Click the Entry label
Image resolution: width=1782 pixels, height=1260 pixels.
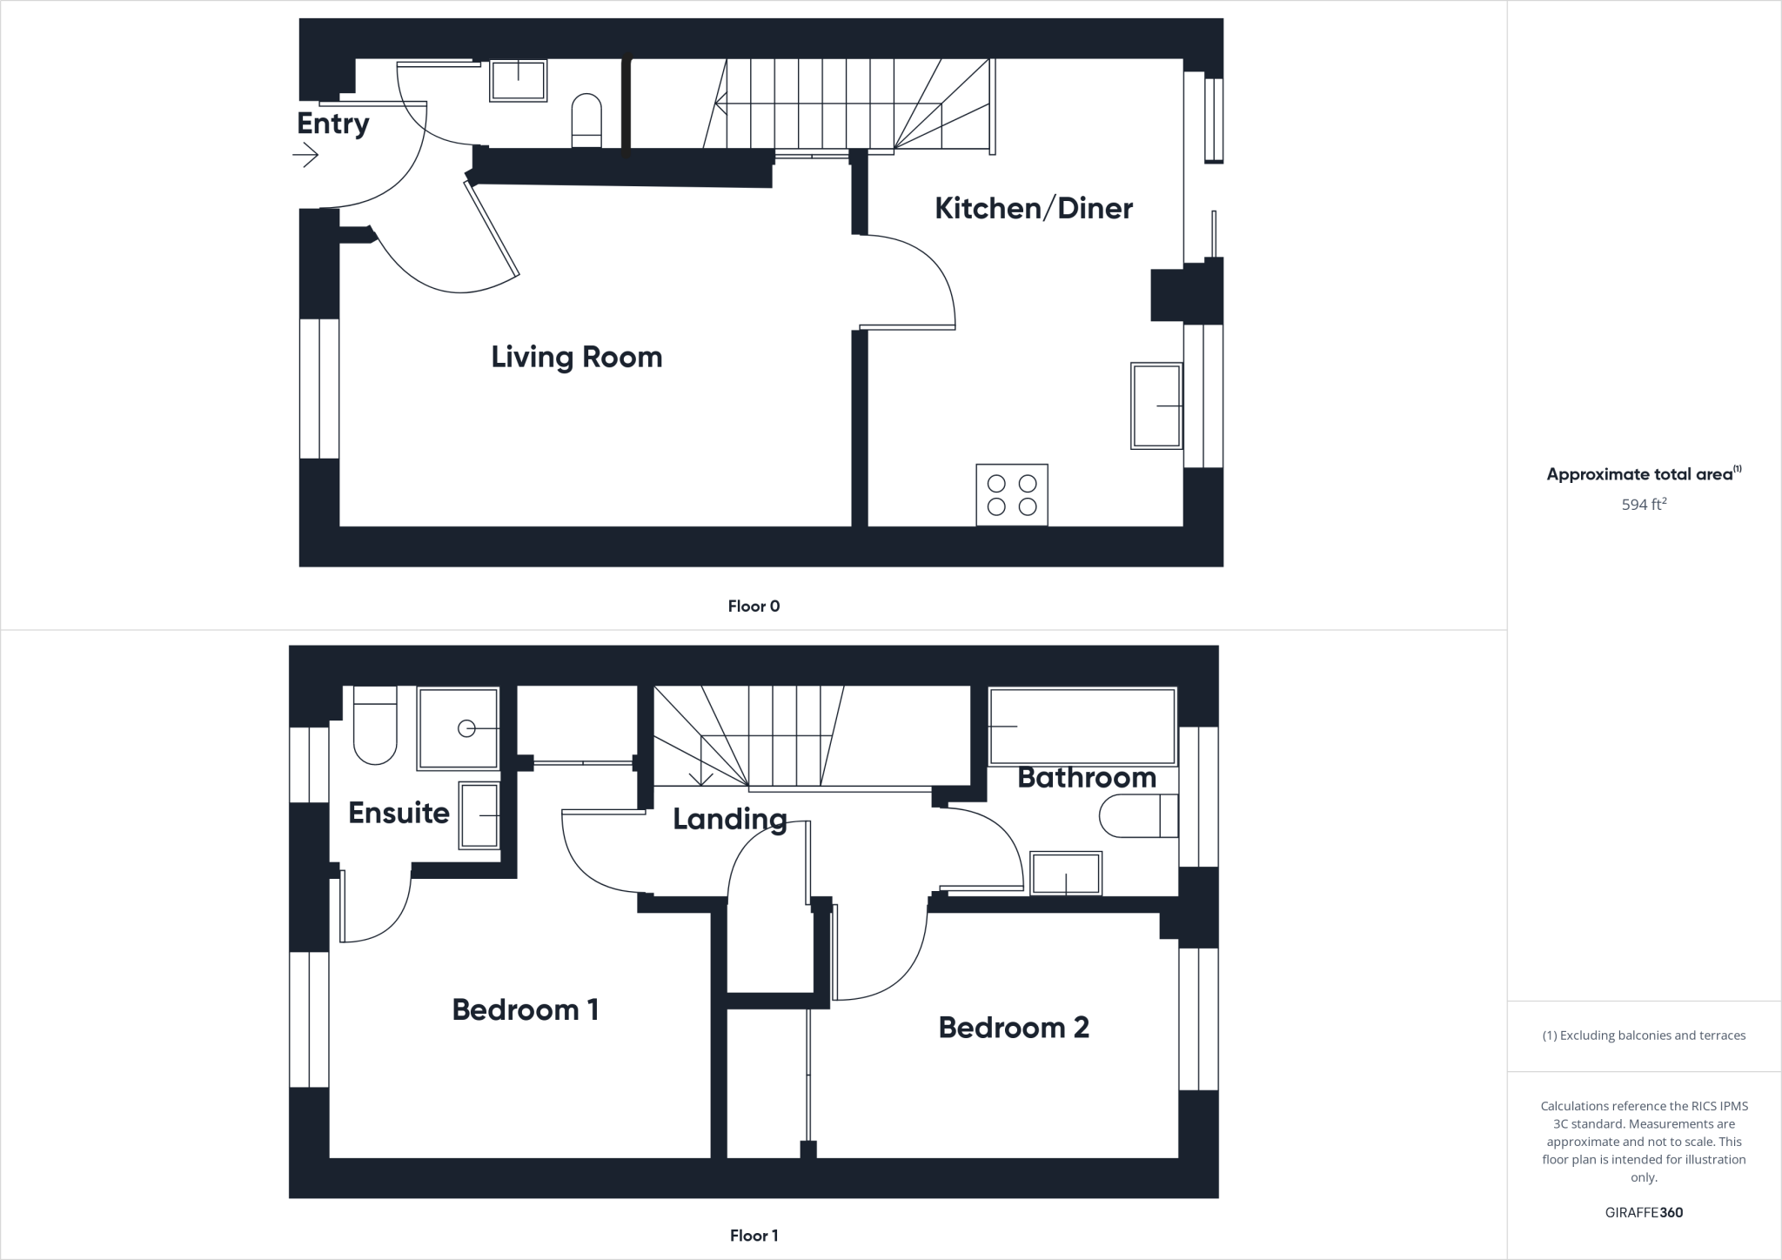coord(332,124)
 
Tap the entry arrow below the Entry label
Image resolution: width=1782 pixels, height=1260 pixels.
coord(305,157)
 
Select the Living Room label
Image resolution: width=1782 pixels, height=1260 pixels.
coord(576,357)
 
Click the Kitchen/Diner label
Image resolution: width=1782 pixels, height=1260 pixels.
coord(1033,209)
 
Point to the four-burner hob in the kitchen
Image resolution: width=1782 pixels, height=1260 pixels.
coord(1012,495)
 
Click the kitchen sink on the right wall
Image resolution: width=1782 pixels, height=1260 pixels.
coord(1156,405)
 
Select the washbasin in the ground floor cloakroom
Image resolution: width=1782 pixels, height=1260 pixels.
coord(519,80)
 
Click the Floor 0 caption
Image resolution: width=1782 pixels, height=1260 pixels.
coord(754,607)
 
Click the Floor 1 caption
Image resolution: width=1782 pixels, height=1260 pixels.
coord(754,1236)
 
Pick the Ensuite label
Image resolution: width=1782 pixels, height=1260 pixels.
coord(399,813)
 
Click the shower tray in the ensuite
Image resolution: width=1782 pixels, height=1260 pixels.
coord(458,728)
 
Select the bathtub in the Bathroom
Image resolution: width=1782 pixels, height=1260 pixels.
coord(1082,727)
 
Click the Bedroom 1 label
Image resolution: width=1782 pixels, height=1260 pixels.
coord(525,1009)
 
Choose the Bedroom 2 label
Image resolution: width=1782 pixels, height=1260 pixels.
coord(1014,1028)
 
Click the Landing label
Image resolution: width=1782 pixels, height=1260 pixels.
coord(729,819)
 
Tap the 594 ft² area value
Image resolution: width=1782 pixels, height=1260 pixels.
coord(1644,505)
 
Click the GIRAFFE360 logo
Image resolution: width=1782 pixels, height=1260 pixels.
coord(1644,1212)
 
